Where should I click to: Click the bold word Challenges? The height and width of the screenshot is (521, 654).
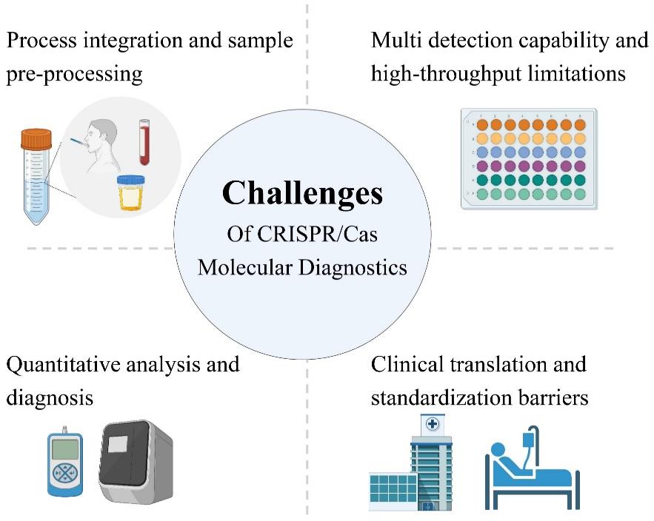302,194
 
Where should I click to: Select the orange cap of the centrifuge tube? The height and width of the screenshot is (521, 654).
36,139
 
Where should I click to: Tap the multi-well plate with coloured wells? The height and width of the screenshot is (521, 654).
528,158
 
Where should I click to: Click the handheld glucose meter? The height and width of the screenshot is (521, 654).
65,462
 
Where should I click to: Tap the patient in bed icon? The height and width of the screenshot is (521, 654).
531,470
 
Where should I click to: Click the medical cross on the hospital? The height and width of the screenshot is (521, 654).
432,426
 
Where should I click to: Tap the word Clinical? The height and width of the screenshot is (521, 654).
405,364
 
